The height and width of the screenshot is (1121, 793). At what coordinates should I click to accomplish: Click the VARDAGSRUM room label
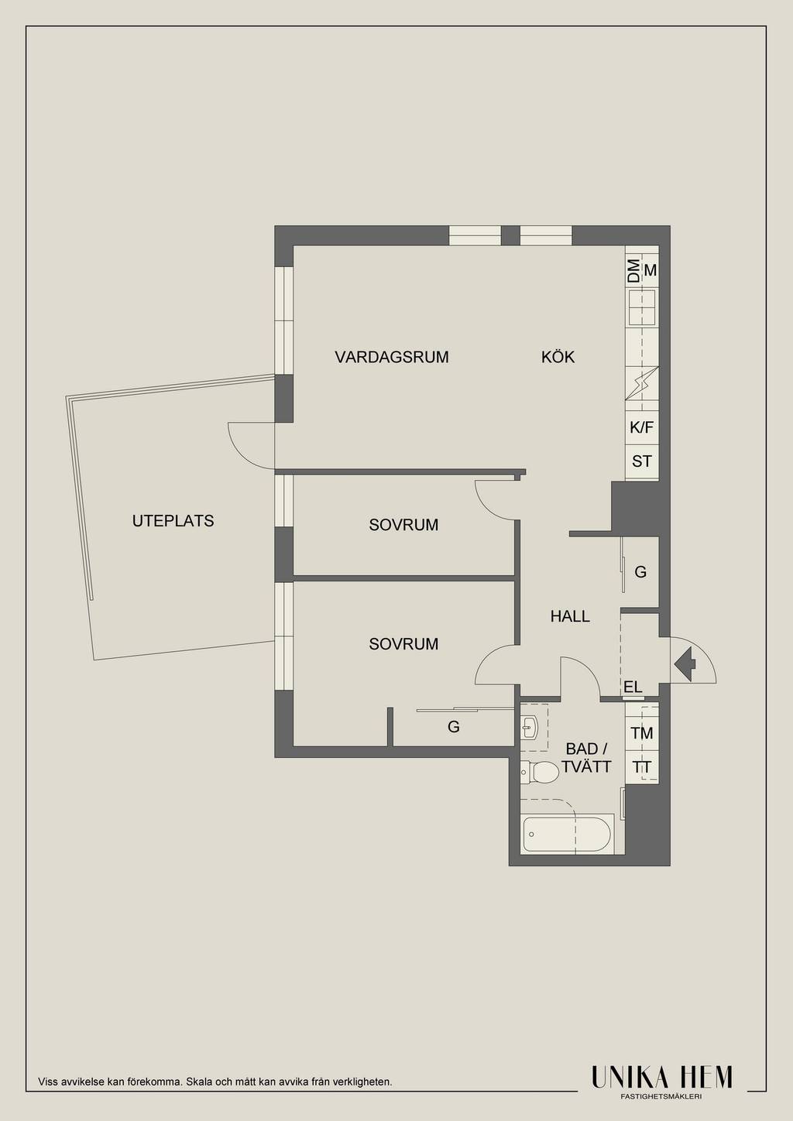(x=392, y=358)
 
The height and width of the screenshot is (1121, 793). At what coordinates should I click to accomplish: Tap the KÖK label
(x=558, y=358)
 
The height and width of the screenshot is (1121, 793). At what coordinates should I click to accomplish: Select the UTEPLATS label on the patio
(x=173, y=521)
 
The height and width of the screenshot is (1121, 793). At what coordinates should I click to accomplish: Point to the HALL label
(x=570, y=616)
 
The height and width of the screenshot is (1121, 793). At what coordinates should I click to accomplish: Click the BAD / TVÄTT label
(x=586, y=758)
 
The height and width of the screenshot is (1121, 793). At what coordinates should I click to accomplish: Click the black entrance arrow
(x=685, y=664)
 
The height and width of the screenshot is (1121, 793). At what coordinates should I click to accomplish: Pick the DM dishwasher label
(x=633, y=270)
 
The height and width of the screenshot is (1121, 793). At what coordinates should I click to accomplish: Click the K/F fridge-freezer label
(x=641, y=428)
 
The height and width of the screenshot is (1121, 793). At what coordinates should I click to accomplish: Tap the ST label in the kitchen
(x=642, y=461)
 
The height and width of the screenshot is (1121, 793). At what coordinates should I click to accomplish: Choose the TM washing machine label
(x=642, y=734)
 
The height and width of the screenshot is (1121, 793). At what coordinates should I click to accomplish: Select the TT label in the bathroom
(x=642, y=767)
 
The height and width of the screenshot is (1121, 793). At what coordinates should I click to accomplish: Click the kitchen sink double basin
(x=642, y=307)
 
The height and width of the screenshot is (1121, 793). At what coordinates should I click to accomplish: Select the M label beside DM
(x=650, y=270)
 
